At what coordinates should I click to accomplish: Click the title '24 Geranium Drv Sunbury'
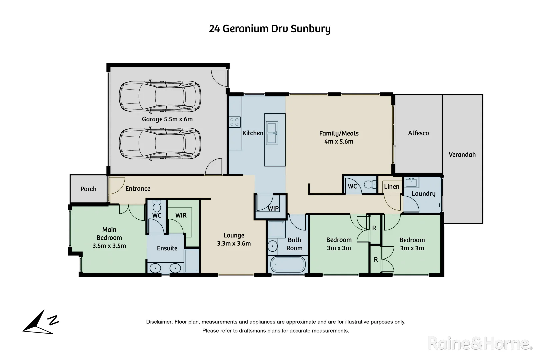click(270, 29)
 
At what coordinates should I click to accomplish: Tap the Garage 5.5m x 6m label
click(167, 119)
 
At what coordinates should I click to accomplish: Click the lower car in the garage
click(160, 144)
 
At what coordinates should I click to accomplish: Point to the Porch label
click(88, 189)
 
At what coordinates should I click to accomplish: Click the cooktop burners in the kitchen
click(235, 122)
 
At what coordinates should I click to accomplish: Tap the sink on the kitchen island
click(272, 133)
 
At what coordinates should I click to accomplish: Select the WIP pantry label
click(273, 208)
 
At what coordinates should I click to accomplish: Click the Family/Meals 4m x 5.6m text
click(339, 137)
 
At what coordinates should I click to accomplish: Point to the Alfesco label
click(418, 133)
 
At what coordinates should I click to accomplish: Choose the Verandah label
click(462, 155)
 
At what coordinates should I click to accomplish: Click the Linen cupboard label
click(391, 187)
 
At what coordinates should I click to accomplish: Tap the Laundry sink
click(412, 182)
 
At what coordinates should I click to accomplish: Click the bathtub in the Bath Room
click(288, 265)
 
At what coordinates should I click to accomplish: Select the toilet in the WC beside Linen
click(369, 184)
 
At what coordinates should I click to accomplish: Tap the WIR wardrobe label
click(181, 215)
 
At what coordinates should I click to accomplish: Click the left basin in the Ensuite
click(155, 268)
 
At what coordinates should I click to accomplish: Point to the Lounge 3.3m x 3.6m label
click(234, 239)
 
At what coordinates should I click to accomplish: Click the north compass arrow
click(37, 323)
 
